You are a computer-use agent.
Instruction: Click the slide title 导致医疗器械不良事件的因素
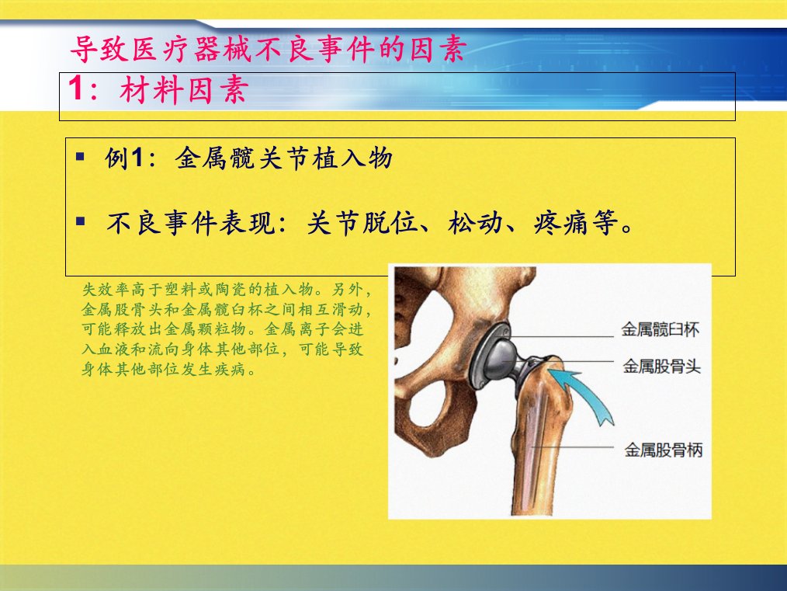point(268,49)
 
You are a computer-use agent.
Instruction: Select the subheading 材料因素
point(184,91)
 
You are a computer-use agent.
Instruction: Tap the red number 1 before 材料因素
point(76,89)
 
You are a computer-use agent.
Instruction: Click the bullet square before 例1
point(80,157)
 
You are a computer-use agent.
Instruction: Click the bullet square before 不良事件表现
point(80,221)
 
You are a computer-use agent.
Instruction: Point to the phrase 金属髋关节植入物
point(283,158)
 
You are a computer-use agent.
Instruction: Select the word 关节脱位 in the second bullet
point(362,222)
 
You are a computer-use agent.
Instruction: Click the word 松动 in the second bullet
point(475,222)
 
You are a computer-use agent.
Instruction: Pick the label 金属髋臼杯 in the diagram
point(660,329)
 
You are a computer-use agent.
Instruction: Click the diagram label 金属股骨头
point(661,366)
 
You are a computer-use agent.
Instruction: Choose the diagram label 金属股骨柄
point(664,450)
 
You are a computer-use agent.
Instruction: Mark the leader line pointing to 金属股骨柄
point(573,447)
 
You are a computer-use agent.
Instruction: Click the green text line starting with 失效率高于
point(227,289)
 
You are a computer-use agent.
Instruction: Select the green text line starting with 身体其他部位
point(169,370)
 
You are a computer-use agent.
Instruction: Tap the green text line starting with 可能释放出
point(222,329)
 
